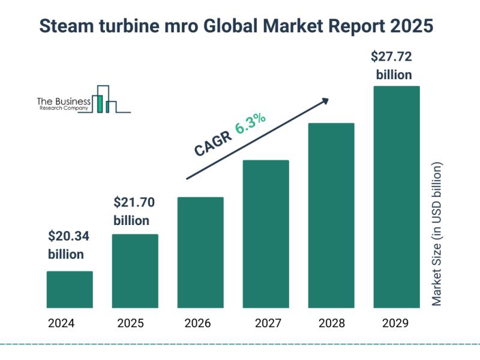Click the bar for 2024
coord(70,289)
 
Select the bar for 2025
coord(135,271)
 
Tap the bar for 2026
coord(200,252)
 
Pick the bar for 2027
coord(266,234)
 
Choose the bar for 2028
coord(331,215)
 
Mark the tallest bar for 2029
coord(397,197)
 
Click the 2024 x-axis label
coord(62,324)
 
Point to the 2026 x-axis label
coord(197,324)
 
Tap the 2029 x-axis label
coord(395,324)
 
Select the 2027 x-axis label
coord(268,324)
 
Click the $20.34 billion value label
coord(68,245)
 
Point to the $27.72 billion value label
coord(393,66)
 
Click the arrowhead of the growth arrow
coord(325,100)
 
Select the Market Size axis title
coord(437,234)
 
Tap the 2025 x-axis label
coord(131,324)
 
